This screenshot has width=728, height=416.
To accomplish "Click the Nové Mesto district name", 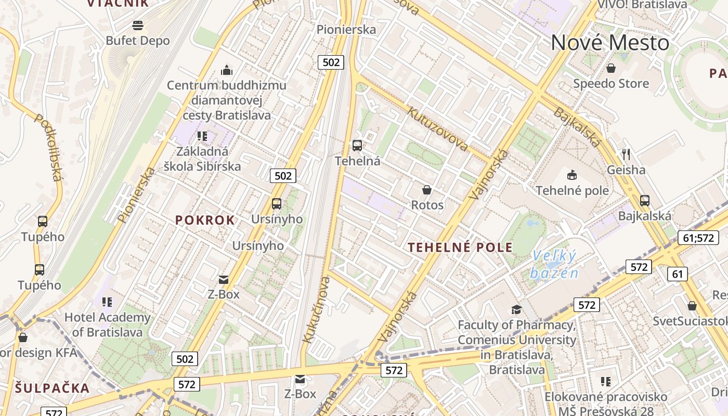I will click(610, 43).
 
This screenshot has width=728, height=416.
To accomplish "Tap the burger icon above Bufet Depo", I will click(138, 25).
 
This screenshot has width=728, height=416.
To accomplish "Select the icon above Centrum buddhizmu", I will click(227, 70).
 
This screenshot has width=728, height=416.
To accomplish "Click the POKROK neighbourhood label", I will click(205, 220).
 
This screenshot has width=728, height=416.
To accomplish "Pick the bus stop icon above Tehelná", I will click(357, 146).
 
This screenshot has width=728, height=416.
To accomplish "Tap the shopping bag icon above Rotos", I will click(427, 190).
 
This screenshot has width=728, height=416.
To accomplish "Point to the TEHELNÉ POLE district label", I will click(461, 247).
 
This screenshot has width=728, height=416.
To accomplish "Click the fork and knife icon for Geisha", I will click(626, 154).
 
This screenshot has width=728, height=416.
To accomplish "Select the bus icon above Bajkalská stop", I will click(645, 200).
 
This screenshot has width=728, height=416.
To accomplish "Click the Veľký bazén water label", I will click(554, 264).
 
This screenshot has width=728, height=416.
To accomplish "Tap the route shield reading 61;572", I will click(698, 238).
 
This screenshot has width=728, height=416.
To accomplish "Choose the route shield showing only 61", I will click(677, 274).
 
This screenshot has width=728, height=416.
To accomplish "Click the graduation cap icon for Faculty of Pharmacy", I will click(516, 310).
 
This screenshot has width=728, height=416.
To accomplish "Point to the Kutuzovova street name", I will click(437, 128).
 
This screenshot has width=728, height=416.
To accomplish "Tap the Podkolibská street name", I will click(48, 147).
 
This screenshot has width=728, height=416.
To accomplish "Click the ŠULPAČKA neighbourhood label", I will click(53, 388).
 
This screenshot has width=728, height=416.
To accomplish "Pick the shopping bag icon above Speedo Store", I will click(611, 68).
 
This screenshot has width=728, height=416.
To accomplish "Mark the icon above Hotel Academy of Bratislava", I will click(107, 302).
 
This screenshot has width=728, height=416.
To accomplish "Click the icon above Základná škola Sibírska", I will click(202, 136).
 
